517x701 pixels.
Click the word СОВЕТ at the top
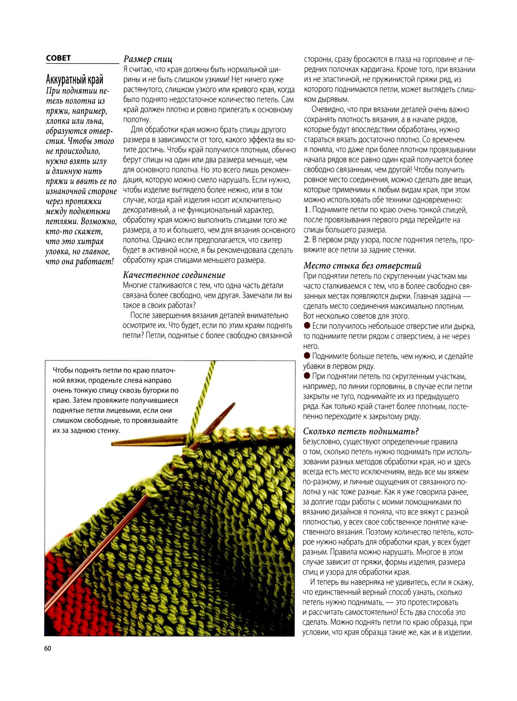pos(58,58)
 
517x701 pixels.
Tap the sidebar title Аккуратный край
pos(74,79)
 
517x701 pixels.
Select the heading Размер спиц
pos(148,59)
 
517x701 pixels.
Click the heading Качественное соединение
pos(174,275)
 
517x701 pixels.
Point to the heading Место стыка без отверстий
pos(362,266)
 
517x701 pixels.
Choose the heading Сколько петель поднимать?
pos(361,431)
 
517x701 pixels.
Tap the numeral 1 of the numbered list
pos(306,210)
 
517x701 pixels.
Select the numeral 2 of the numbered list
pos(307,240)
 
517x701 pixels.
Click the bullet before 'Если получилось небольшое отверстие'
pos(307,326)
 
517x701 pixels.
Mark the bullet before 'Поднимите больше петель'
pos(307,356)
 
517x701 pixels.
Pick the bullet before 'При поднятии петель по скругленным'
pos(307,376)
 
